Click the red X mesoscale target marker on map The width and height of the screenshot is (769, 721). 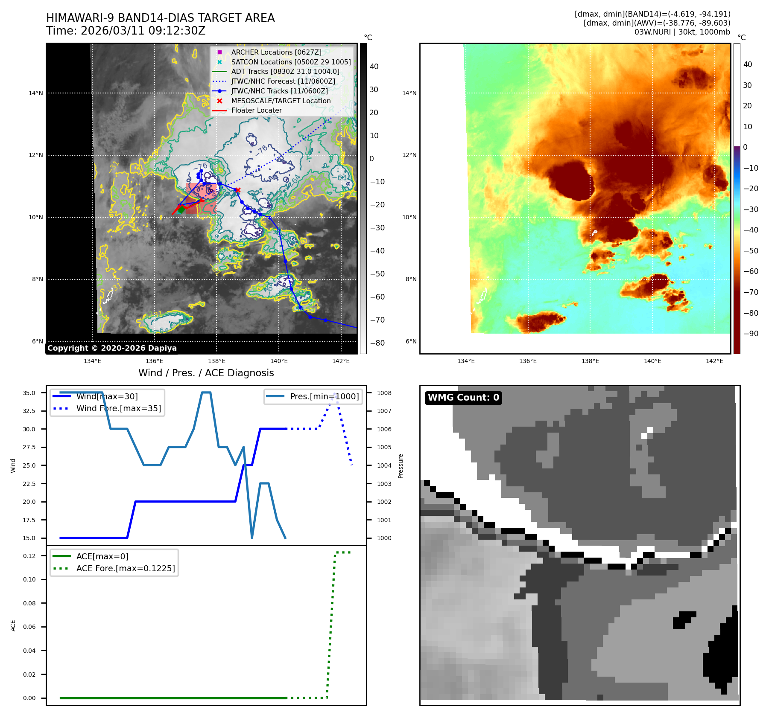click(238, 190)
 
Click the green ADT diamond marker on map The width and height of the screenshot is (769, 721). click(181, 209)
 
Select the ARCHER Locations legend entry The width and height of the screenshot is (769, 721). click(276, 52)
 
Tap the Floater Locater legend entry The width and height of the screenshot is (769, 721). click(256, 110)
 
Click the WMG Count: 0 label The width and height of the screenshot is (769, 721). click(463, 398)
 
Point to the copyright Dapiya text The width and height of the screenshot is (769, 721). click(112, 348)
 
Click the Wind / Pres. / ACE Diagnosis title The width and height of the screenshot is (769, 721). click(206, 373)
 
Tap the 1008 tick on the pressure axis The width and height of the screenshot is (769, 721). click(384, 393)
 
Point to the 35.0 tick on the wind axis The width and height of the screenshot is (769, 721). click(29, 393)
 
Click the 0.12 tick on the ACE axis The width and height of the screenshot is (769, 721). click(29, 556)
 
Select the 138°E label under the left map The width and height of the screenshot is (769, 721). click(216, 361)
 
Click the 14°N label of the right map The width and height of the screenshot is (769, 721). click(409, 93)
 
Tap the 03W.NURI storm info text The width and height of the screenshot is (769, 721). click(682, 32)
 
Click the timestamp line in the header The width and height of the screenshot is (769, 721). click(126, 31)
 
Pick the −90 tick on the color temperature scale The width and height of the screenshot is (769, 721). click(751, 334)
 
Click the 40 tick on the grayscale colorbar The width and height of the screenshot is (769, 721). click(374, 67)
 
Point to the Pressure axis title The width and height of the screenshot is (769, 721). click(401, 466)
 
